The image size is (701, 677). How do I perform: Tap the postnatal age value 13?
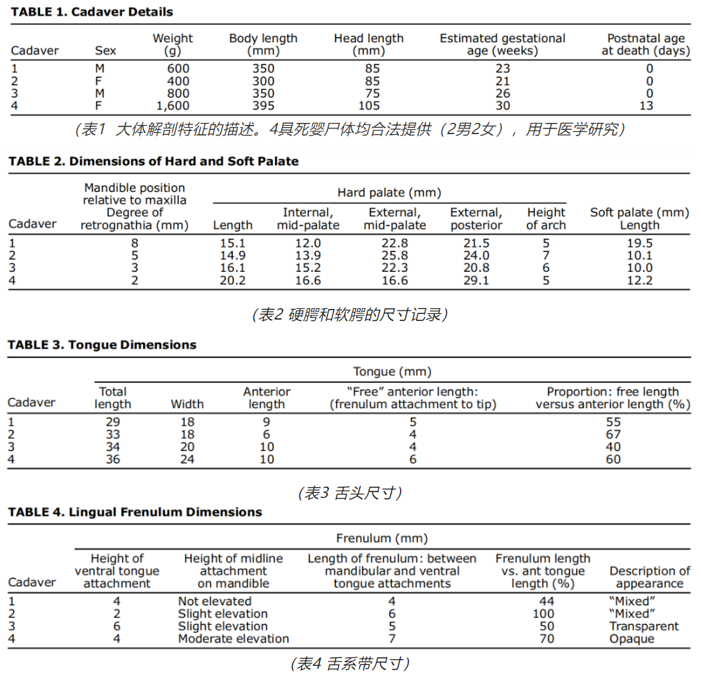[x=646, y=106]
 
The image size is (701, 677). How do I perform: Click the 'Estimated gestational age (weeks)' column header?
[x=502, y=44]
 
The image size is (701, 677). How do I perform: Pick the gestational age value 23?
[x=502, y=69]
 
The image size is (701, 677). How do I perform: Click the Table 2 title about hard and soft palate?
[x=154, y=162]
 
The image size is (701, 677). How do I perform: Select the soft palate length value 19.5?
[x=639, y=243]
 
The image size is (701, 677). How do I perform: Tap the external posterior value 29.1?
[x=476, y=280]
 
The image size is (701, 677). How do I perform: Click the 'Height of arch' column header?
[x=546, y=218]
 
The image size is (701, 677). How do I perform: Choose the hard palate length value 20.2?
[x=232, y=280]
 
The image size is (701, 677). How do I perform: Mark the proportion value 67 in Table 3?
[x=613, y=435]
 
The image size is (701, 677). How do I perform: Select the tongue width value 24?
[x=187, y=459]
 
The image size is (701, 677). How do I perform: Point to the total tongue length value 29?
[x=112, y=422]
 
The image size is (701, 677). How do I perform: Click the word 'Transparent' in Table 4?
[x=644, y=626]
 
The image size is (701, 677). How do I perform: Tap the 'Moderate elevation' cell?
[x=233, y=639]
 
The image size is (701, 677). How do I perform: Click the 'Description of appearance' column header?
[x=649, y=577]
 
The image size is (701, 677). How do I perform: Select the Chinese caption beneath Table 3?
[x=351, y=492]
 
